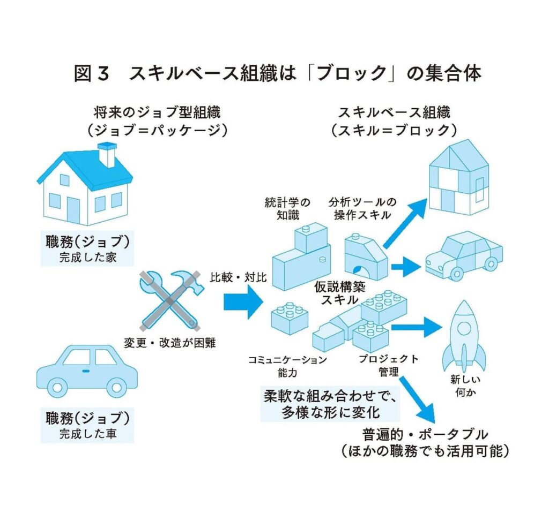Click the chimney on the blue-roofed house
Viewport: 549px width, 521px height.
click(107, 154)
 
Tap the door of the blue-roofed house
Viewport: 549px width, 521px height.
click(73, 209)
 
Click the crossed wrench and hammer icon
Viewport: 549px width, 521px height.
click(170, 300)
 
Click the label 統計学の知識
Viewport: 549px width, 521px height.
click(287, 209)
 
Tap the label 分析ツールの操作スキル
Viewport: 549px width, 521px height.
click(362, 209)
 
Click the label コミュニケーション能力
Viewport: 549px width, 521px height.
click(287, 366)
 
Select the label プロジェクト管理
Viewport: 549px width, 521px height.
click(384, 366)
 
